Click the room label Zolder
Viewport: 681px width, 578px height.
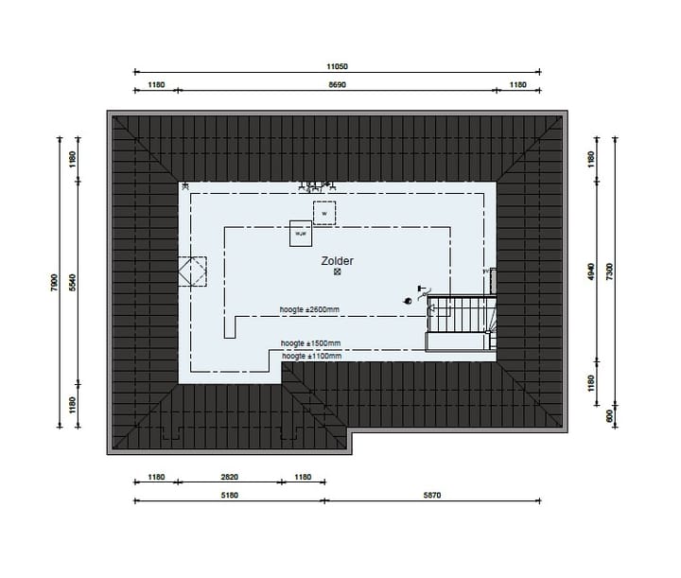[338, 259]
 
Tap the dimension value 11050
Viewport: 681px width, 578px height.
[338, 66]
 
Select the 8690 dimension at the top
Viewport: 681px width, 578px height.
[338, 85]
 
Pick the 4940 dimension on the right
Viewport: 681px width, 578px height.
[591, 271]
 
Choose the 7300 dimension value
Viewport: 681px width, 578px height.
[610, 271]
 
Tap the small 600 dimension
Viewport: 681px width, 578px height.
[610, 413]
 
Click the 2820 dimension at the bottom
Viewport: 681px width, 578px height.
[230, 478]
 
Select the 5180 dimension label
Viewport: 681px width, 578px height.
[230, 496]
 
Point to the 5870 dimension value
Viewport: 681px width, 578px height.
[432, 496]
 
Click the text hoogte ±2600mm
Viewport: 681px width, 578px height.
[310, 310]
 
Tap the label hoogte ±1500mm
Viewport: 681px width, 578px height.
[310, 343]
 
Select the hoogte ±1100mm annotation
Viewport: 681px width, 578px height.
[310, 356]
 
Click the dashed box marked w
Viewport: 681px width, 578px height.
[323, 214]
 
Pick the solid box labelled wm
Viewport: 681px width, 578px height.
[301, 233]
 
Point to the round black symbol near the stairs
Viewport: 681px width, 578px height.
[409, 301]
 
